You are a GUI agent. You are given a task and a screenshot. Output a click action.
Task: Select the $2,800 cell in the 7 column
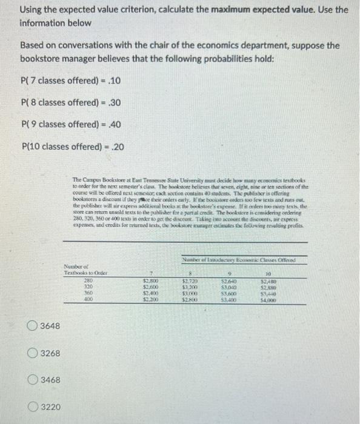coord(150,280)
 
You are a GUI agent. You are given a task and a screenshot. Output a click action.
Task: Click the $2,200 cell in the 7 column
coord(150,299)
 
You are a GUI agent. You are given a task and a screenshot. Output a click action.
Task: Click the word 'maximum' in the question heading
coord(230,10)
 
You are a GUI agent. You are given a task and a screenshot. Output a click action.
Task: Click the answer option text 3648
coord(50,326)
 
